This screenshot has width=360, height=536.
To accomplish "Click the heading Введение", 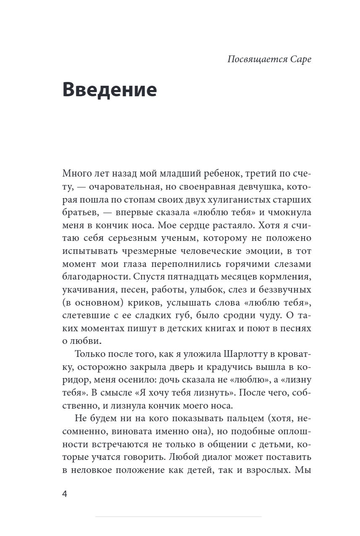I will pos(109,90).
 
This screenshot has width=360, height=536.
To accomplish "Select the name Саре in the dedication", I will pos(301,59).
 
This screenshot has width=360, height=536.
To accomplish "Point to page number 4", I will pos(65,494).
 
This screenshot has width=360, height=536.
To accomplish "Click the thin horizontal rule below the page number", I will pos(178,516).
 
